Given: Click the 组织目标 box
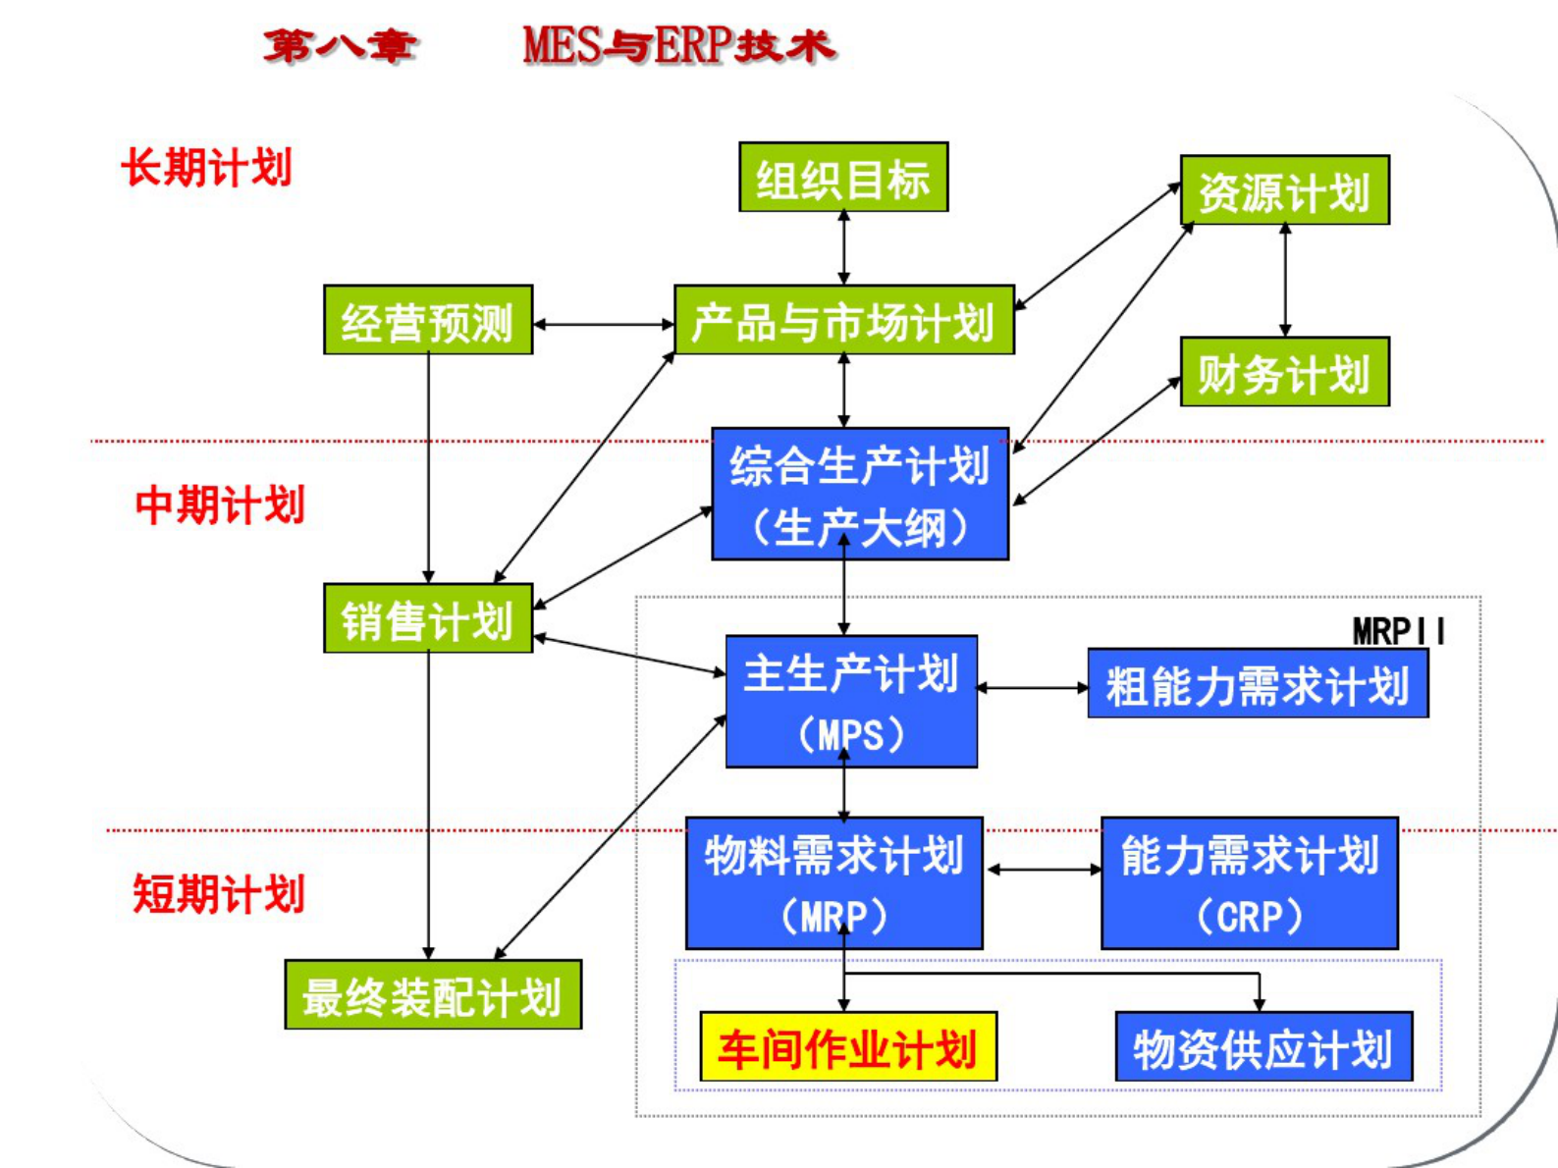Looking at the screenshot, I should (843, 178).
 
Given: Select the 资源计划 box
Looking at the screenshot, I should (1284, 190).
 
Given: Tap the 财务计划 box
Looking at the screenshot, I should (1284, 372).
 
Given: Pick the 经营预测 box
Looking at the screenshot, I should (428, 320).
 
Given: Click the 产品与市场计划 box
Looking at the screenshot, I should (843, 320).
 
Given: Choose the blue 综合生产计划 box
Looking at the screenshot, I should (860, 494).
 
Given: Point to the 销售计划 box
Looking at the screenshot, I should (428, 618).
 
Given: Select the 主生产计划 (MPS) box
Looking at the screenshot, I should (851, 702).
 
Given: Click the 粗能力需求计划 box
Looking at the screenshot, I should (1258, 684).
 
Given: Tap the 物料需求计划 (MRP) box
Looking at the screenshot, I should (833, 883).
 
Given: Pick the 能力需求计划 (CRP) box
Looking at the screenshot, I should (1249, 883).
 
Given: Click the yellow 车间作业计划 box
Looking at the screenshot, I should (848, 1047).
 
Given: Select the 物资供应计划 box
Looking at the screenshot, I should (1263, 1047).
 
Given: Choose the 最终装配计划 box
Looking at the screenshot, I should (433, 995).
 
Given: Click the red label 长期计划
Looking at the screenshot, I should (207, 167).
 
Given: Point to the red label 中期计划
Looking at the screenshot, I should (220, 504).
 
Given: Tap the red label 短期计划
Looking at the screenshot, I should (219, 893).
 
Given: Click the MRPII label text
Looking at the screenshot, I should (1398, 631).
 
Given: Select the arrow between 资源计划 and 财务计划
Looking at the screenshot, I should (1285, 281).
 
